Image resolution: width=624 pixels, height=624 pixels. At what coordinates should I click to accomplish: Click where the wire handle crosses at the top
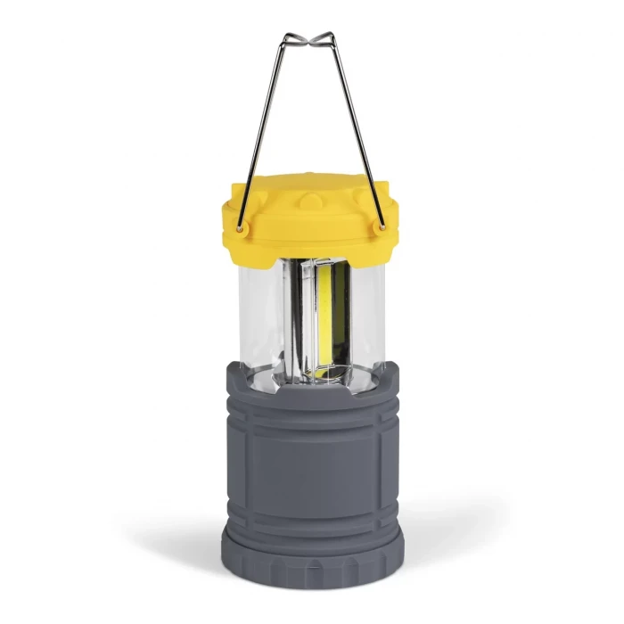(309, 40)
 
